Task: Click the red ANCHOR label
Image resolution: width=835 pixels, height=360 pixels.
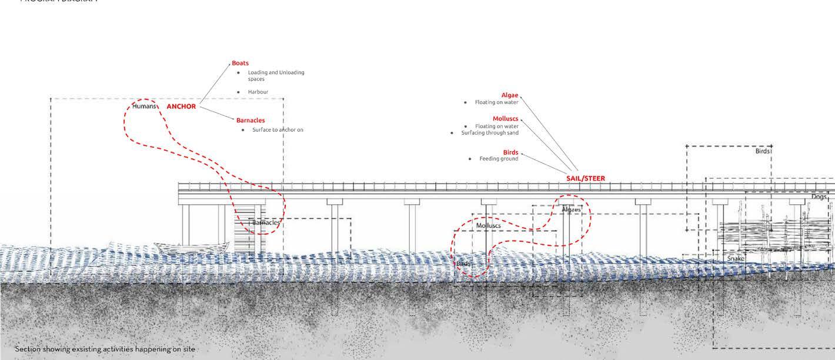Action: click(x=181, y=106)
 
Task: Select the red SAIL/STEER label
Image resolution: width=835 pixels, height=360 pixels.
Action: click(x=585, y=178)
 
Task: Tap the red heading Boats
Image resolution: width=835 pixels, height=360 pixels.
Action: click(x=240, y=63)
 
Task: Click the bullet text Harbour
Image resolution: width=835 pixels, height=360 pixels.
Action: click(x=258, y=92)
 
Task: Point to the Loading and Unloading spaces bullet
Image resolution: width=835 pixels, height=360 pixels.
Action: click(x=275, y=75)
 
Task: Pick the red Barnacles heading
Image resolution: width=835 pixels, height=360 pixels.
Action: click(x=250, y=121)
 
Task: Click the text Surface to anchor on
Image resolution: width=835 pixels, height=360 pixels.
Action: click(x=278, y=129)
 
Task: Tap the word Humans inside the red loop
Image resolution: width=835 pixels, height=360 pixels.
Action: click(x=145, y=106)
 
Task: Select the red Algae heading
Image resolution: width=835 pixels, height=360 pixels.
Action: click(x=510, y=95)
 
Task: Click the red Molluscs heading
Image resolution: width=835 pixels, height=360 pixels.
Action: click(x=506, y=119)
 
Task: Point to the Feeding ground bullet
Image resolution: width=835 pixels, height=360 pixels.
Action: click(x=499, y=159)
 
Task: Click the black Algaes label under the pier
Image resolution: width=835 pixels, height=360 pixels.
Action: click(x=571, y=209)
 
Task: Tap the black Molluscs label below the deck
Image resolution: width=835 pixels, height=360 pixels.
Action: click(x=488, y=226)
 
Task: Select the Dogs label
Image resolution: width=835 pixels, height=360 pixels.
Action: click(x=819, y=197)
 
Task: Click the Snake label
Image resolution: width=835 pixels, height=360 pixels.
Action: click(x=736, y=259)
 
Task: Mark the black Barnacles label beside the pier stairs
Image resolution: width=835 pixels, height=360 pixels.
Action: click(x=266, y=223)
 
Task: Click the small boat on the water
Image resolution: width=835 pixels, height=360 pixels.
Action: click(x=192, y=247)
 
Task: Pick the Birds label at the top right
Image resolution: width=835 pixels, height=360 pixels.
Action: click(x=762, y=151)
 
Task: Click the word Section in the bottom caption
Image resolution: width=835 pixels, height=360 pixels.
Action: click(x=27, y=349)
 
